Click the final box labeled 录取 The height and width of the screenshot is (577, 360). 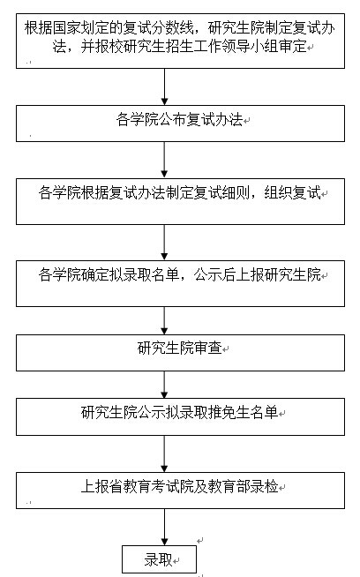point(159,559)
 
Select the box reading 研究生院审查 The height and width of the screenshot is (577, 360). point(180,353)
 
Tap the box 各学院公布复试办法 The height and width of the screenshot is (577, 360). point(180,124)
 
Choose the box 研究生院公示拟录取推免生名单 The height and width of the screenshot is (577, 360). point(180,416)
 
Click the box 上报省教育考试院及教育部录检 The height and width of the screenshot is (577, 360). point(180,491)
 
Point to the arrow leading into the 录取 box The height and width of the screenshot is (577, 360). point(164,527)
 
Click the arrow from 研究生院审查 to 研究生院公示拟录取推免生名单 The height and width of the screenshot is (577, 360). point(164,385)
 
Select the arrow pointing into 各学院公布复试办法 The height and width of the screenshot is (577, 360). point(164,86)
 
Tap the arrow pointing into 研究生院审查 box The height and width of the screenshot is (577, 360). point(164,320)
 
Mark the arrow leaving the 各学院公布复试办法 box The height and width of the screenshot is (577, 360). point(164,160)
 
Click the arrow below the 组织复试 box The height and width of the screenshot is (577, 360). point(164,243)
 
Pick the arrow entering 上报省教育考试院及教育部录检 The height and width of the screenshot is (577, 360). point(164,453)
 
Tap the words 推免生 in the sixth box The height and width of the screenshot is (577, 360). point(229,413)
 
